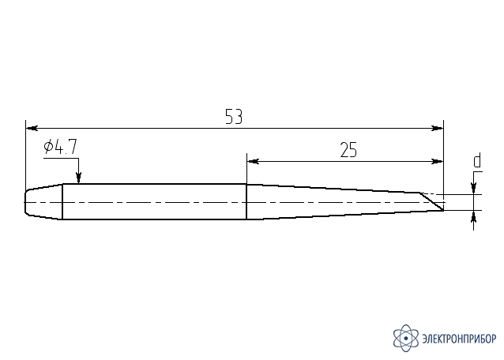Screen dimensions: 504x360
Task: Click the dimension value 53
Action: coord(234,117)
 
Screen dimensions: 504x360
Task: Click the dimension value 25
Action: coord(348,150)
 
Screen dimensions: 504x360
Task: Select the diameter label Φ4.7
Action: coord(61,147)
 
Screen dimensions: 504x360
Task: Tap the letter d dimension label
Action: coord(477,161)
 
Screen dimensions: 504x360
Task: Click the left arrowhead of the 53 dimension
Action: coord(32,128)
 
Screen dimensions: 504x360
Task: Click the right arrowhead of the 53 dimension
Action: coord(437,128)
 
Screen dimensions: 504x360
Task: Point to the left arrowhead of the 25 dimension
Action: coord(253,161)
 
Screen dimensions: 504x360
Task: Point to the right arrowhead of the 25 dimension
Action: coord(437,161)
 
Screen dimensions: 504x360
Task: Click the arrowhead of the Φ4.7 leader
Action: coord(78,178)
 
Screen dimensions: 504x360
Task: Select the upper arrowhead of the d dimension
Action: coord(473,189)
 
